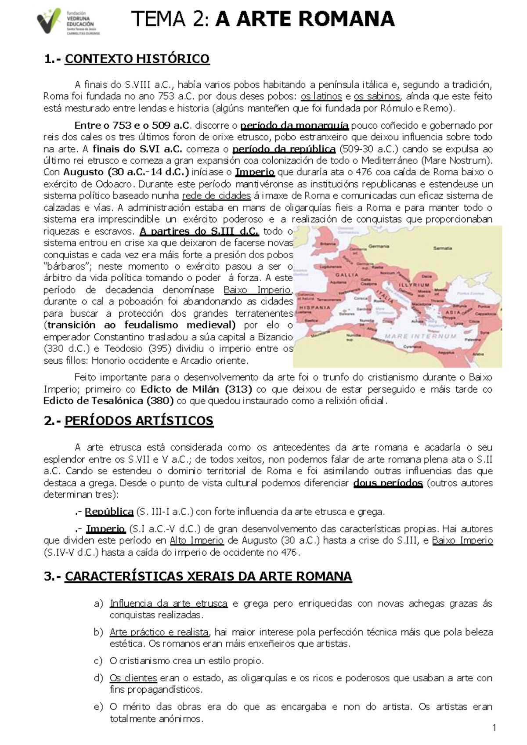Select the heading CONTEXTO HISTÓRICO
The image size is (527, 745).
(137, 59)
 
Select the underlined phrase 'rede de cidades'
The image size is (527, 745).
(216, 196)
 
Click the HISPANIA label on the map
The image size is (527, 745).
(314, 307)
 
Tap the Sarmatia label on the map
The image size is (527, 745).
(442, 248)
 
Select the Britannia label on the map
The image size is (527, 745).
(328, 244)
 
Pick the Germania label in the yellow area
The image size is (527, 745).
(379, 246)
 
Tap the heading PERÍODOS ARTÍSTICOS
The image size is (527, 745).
(139, 421)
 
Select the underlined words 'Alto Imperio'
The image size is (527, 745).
(197, 541)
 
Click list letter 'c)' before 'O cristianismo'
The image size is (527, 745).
(98, 661)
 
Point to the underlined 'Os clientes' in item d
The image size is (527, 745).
(133, 678)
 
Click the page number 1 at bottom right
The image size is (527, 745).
(495, 728)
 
